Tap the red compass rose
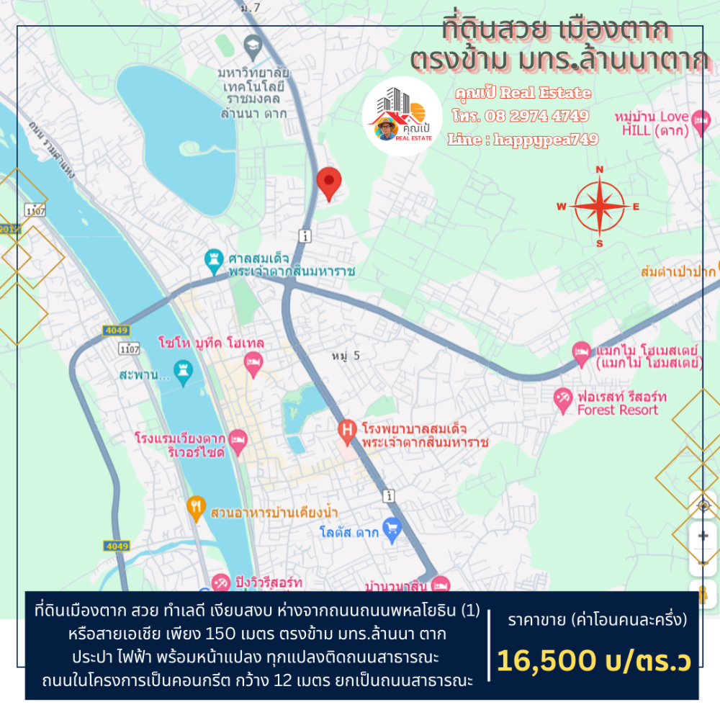(x=599, y=207)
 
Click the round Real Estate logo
(x=402, y=117)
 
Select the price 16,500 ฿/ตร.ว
(x=593, y=660)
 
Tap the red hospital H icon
(x=347, y=431)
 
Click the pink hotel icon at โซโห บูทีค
(x=252, y=364)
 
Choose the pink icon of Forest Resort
(x=563, y=397)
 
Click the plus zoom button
(x=703, y=535)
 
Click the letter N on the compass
(x=599, y=171)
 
